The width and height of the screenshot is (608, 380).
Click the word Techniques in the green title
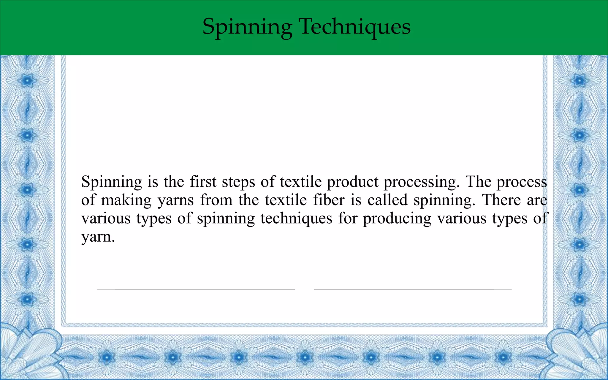[355, 27]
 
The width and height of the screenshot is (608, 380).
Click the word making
[126, 200]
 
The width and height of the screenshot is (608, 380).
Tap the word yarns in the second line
[175, 201]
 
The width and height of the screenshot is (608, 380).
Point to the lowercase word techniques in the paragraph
[296, 218]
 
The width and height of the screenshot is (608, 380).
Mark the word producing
[397, 219]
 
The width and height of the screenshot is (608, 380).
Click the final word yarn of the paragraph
[98, 237]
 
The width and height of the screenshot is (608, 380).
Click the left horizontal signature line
[196, 289]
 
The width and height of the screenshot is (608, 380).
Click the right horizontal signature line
[413, 289]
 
